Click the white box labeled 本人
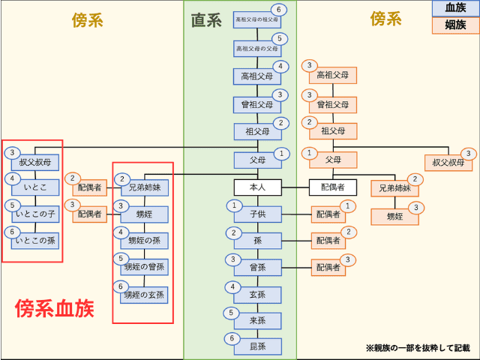point(257,187)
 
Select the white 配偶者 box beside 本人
point(333,187)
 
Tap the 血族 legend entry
point(455,8)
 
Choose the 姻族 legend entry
point(455,25)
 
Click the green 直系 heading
point(206,19)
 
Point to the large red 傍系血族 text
point(55,308)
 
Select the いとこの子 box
point(35,214)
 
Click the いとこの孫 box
point(35,241)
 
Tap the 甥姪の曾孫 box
point(145,267)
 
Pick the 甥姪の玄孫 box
point(145,295)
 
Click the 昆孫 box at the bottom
point(257,346)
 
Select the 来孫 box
point(257,320)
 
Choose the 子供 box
point(257,214)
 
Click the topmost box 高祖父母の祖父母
point(257,19)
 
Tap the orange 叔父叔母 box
point(448,163)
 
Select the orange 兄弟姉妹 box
point(394,188)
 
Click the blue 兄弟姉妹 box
point(145,187)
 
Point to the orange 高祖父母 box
point(333,75)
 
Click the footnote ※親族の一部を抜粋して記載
point(418,348)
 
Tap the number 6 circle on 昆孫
point(232,338)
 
